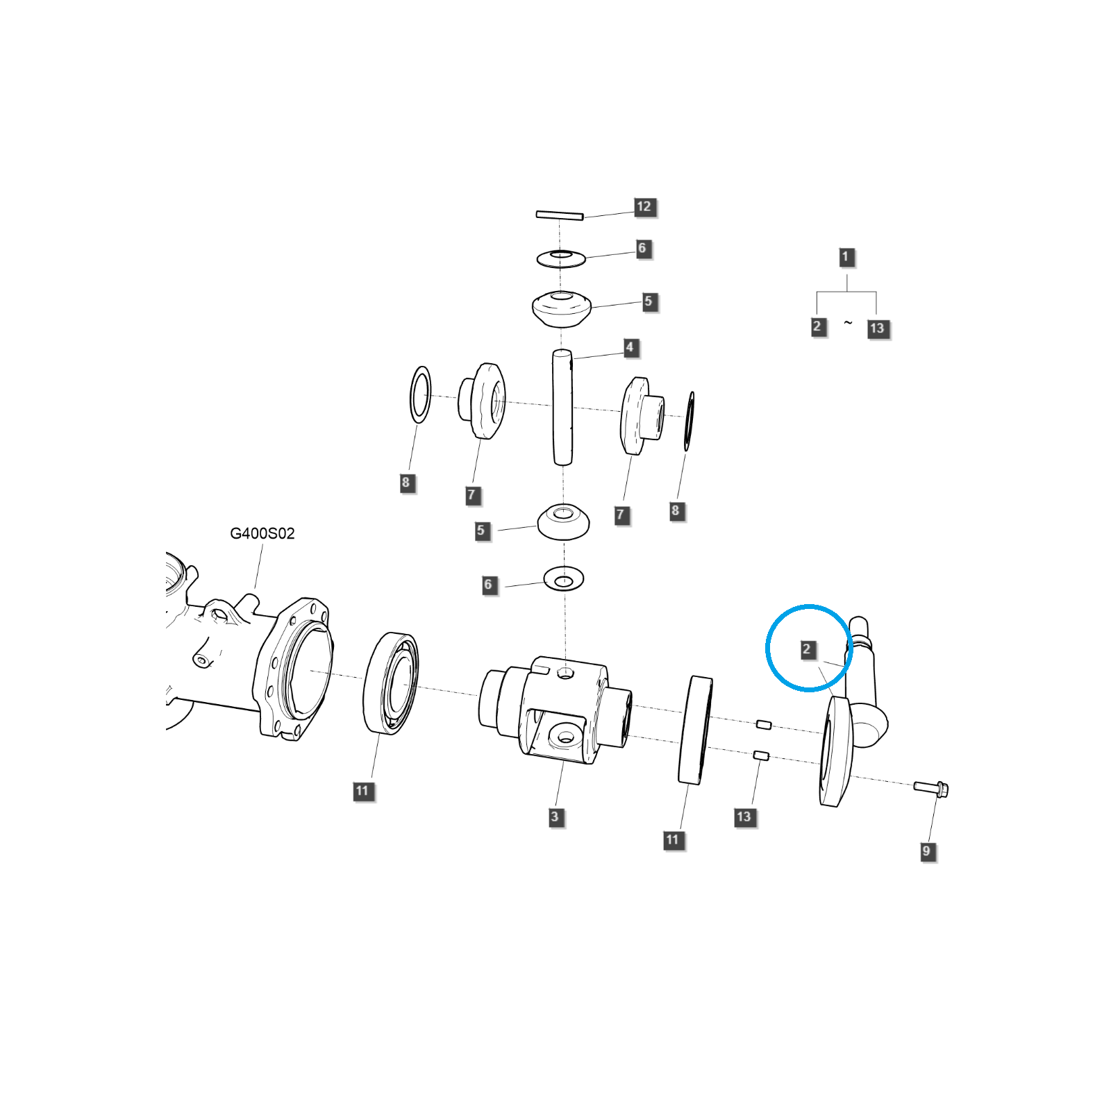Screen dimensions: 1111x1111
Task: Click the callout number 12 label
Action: (644, 207)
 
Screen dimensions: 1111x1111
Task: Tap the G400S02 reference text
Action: (262, 533)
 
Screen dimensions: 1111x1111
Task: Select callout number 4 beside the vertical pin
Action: (630, 347)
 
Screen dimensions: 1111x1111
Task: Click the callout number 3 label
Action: (555, 817)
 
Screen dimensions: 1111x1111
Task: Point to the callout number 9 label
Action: (926, 851)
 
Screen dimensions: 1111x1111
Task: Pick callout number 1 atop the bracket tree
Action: (846, 257)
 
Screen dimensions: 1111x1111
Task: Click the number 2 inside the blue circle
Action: (807, 650)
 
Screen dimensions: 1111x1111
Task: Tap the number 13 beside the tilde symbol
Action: (878, 328)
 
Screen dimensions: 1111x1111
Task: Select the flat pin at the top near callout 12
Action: (559, 215)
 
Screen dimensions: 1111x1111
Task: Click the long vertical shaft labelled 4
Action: (562, 408)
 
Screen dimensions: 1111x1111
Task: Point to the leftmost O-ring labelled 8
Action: (420, 394)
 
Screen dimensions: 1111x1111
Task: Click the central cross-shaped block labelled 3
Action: (555, 710)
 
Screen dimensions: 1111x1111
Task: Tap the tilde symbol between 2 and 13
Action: (848, 323)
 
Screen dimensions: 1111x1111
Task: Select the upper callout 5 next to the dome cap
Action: (649, 302)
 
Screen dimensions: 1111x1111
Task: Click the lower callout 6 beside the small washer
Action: (488, 585)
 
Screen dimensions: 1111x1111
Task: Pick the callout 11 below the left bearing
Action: (362, 791)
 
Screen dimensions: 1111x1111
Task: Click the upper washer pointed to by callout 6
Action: (561, 259)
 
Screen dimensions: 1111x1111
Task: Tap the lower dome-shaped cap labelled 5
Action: (564, 522)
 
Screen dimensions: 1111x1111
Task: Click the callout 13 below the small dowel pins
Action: (744, 817)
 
